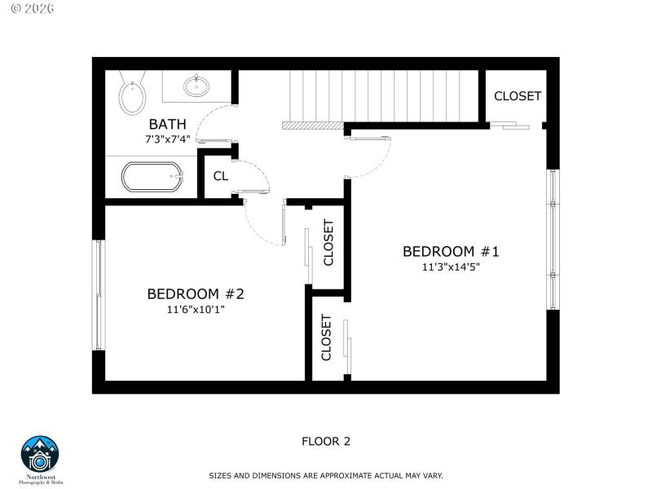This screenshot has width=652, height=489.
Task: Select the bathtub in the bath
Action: tap(153, 177)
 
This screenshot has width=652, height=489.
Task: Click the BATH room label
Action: tap(167, 125)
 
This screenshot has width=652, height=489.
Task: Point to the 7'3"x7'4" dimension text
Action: tap(167, 139)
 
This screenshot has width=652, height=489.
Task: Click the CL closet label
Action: tap(220, 176)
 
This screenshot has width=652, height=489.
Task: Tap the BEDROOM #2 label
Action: tap(196, 293)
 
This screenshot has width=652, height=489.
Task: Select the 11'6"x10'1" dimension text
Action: tap(196, 310)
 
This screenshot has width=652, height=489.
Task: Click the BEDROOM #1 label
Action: tap(450, 251)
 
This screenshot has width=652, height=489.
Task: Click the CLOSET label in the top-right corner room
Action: tap(518, 96)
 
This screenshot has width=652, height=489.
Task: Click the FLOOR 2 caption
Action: tap(326, 442)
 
